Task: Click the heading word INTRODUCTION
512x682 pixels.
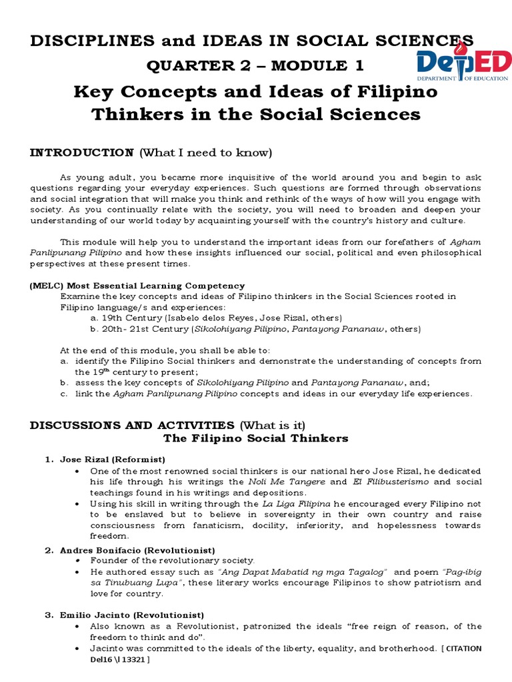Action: coord(82,153)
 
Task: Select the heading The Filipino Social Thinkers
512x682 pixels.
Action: coord(256,438)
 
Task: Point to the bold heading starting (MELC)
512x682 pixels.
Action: coord(137,286)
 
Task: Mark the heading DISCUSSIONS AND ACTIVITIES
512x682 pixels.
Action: coord(132,425)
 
